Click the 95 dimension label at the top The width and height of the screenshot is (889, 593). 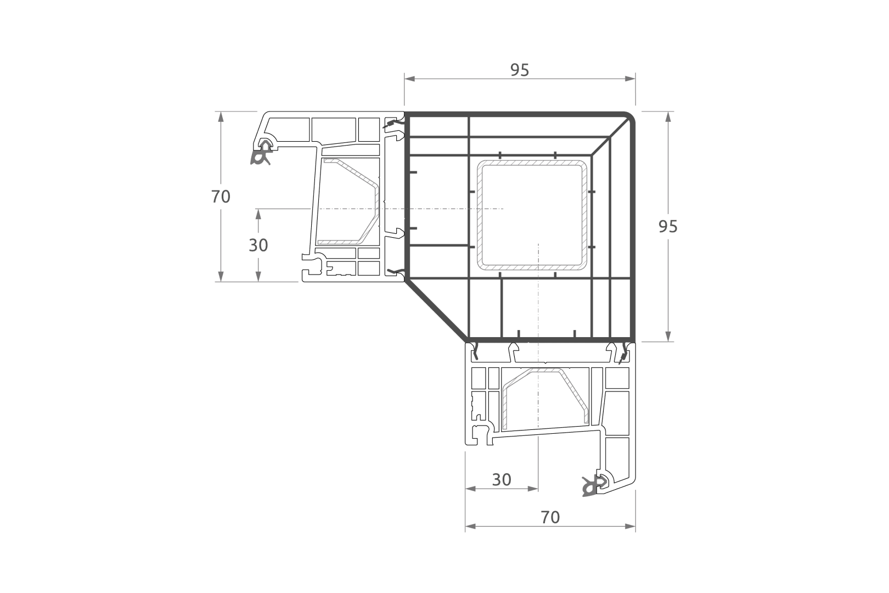520,70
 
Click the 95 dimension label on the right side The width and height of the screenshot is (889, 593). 668,226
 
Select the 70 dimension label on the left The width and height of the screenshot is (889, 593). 221,197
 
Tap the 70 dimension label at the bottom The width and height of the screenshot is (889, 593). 550,517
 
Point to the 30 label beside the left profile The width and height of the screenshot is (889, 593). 258,245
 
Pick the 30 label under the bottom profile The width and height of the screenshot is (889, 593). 502,480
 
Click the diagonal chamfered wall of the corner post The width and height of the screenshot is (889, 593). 436,311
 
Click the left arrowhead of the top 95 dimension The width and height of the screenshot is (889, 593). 409,79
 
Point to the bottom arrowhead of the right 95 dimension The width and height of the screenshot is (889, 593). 668,336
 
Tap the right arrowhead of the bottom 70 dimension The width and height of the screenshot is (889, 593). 630,526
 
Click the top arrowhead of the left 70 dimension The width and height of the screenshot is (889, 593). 221,117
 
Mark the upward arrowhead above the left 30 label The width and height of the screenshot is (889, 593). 258,215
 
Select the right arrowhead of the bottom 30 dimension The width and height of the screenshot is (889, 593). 533,489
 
